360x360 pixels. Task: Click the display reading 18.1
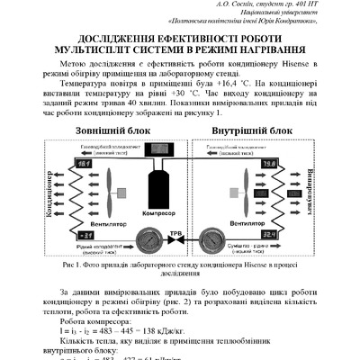pyautogui.click(x=58, y=163)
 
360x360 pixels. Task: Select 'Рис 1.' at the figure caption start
pyautogui.click(x=74, y=267)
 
